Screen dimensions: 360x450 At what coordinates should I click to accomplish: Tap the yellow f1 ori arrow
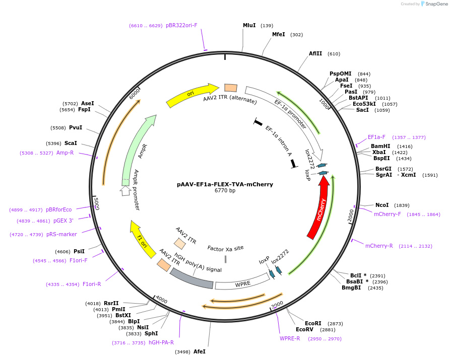click(x=142, y=240)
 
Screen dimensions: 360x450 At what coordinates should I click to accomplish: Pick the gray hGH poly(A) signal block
click(x=191, y=278)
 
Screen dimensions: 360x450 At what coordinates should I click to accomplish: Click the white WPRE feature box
click(x=242, y=283)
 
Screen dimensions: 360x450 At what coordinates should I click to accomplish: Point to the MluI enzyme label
click(x=249, y=25)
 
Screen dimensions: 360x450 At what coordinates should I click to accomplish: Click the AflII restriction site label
click(x=315, y=54)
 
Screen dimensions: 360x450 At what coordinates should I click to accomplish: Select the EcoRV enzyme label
click(x=304, y=330)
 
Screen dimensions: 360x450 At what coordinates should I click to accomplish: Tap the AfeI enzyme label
click(x=200, y=351)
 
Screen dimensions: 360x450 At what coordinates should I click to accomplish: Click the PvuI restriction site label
click(x=76, y=128)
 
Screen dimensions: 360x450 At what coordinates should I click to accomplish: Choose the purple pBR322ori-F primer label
click(x=181, y=25)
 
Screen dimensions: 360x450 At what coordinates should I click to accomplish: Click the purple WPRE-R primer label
click(x=290, y=338)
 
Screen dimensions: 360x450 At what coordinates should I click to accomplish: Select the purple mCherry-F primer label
click(x=387, y=214)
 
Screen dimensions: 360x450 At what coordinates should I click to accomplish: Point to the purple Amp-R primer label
click(x=65, y=153)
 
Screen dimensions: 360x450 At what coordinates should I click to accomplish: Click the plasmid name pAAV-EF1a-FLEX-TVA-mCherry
click(x=225, y=184)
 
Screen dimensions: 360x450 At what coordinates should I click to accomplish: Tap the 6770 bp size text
click(x=225, y=191)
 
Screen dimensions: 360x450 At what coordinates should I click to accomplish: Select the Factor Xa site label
click(x=225, y=248)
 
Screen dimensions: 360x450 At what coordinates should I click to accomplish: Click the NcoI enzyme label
click(x=382, y=205)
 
